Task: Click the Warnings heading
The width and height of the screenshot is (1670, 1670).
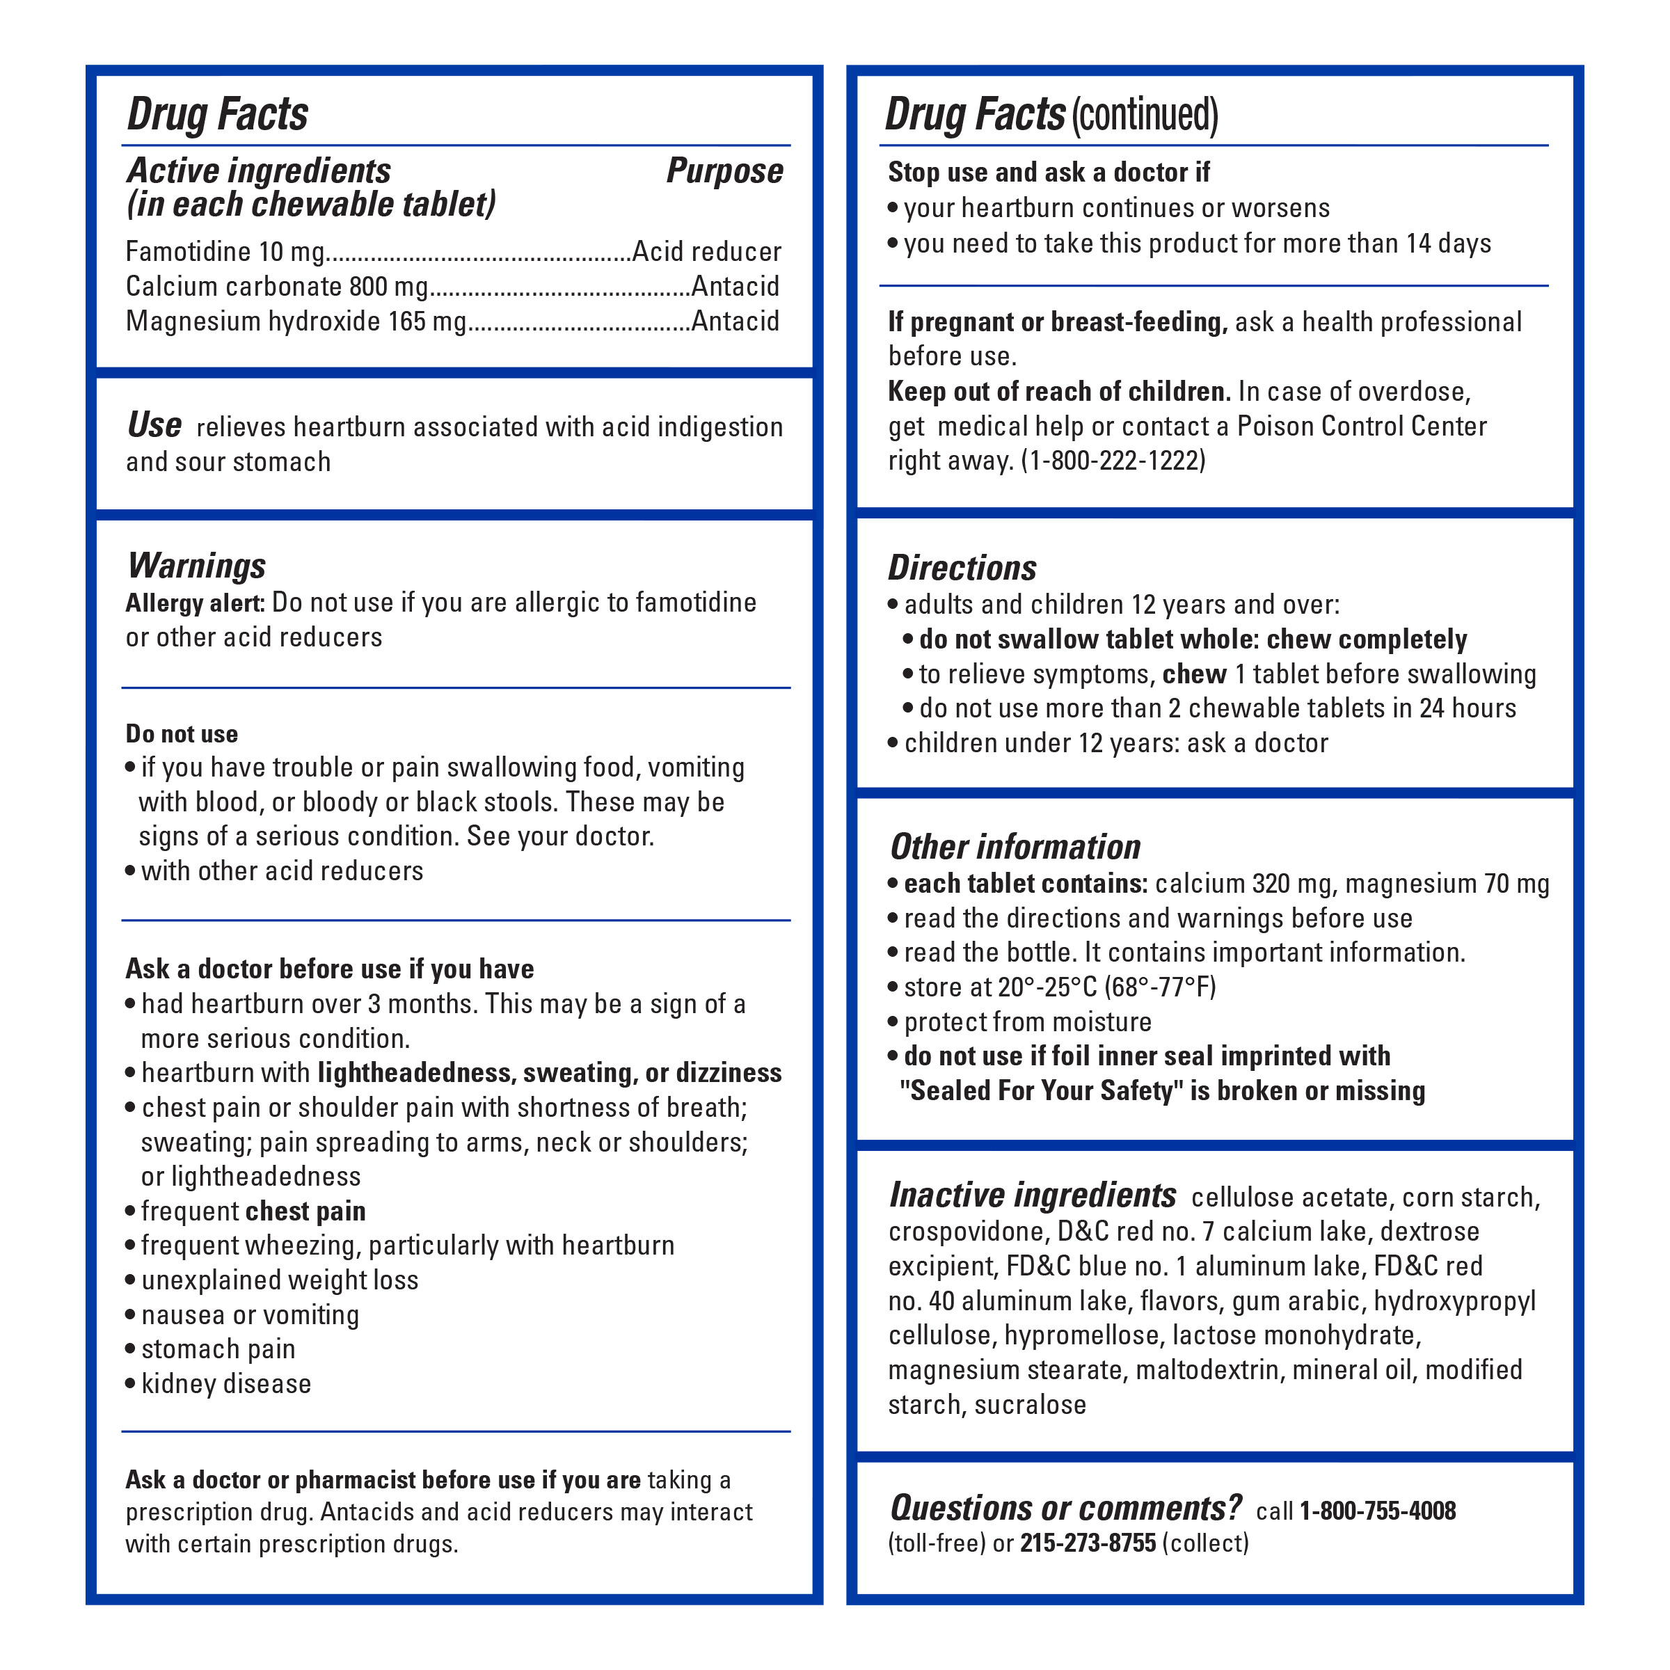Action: [196, 566]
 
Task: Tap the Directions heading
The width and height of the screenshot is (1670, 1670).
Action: [962, 568]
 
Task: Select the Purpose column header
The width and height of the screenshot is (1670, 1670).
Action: [724, 171]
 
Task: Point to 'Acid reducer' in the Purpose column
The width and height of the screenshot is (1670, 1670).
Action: [706, 251]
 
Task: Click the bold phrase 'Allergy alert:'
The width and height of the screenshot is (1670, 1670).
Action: [196, 603]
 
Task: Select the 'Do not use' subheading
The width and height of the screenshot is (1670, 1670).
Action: [182, 734]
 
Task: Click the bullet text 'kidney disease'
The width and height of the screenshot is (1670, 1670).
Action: [225, 1384]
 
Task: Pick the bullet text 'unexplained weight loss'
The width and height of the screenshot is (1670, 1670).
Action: [279, 1280]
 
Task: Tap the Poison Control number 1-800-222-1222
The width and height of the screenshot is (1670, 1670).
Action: [1113, 461]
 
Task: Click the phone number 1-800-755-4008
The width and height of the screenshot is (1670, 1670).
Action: [1377, 1511]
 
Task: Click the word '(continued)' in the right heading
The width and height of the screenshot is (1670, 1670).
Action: [1145, 115]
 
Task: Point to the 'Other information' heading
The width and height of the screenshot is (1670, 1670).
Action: [1016, 847]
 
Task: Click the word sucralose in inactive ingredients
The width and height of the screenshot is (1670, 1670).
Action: [1030, 1405]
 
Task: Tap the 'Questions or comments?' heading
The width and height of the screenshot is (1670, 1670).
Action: [1066, 1509]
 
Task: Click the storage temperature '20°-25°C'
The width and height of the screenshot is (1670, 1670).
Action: [1047, 987]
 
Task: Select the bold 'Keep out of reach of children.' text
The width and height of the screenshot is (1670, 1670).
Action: [1059, 392]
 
